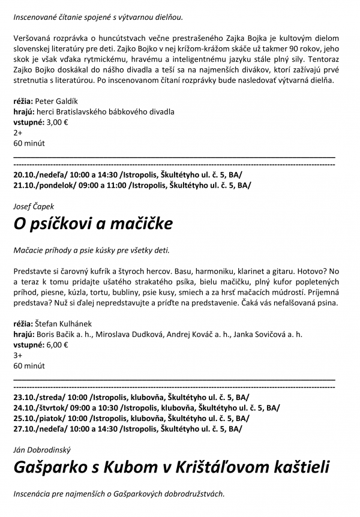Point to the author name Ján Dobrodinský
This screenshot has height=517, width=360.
(x=42, y=449)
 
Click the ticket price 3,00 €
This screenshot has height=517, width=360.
(x=57, y=122)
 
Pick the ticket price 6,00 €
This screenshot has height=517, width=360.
(x=57, y=345)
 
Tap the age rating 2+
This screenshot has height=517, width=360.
(x=17, y=133)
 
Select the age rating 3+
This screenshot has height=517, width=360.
(x=17, y=356)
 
